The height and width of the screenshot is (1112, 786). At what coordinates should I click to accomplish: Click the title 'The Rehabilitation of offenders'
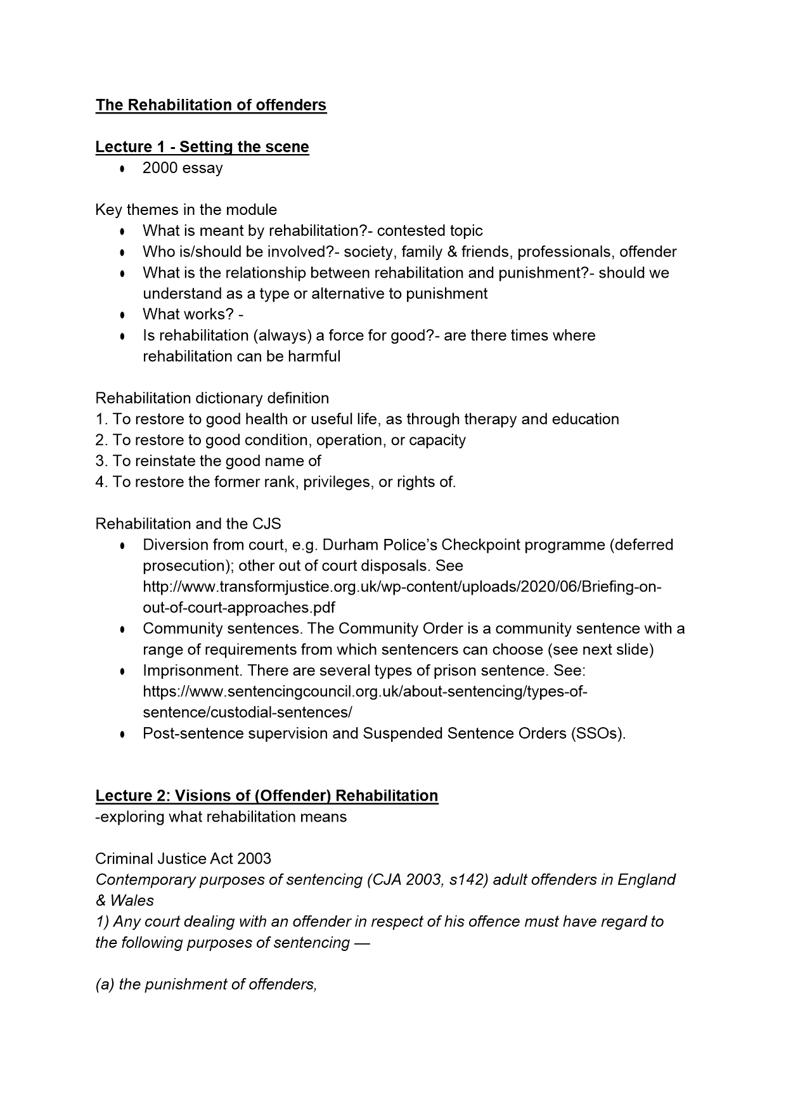click(x=210, y=105)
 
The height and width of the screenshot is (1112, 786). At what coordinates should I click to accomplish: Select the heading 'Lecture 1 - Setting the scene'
click(x=202, y=147)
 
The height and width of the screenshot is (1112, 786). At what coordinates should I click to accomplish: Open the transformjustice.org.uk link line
click(x=402, y=586)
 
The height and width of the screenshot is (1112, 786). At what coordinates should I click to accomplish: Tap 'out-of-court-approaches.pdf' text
click(x=239, y=607)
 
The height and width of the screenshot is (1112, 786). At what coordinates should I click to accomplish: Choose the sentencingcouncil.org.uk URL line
click(x=365, y=691)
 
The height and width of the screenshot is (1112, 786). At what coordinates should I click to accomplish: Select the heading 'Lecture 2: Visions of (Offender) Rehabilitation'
click(x=266, y=796)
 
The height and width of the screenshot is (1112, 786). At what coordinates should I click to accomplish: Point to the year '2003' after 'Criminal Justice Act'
click(x=254, y=858)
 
